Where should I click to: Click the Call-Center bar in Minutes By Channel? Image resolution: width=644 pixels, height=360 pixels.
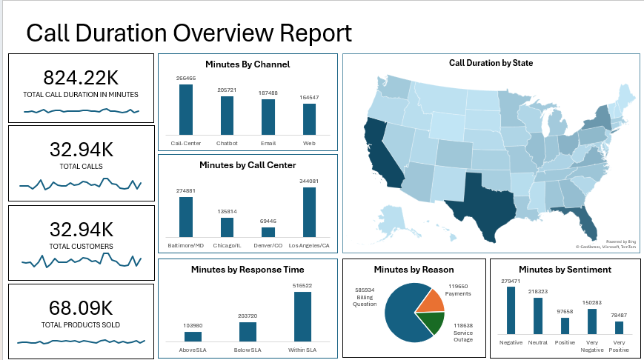point(185,108)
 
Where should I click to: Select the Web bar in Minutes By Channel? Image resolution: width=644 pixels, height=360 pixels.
point(309,118)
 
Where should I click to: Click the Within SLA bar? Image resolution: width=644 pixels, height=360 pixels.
point(302,316)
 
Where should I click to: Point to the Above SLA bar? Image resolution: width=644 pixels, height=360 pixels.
point(193,336)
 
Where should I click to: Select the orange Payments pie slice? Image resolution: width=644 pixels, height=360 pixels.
point(433,300)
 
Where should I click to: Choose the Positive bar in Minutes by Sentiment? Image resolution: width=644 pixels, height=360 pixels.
point(565,326)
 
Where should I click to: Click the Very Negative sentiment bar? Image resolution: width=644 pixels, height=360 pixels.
point(592,321)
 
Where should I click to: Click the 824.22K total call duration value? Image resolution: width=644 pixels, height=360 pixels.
point(81,78)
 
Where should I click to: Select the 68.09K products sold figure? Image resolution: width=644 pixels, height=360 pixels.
point(81,307)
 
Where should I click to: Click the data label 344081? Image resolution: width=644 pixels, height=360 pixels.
point(309,181)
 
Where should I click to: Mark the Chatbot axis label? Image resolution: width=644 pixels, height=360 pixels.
point(226,143)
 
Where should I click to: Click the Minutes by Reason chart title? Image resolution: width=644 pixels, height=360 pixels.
point(414,270)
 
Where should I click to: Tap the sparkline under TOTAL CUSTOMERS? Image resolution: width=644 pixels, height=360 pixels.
point(81,260)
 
